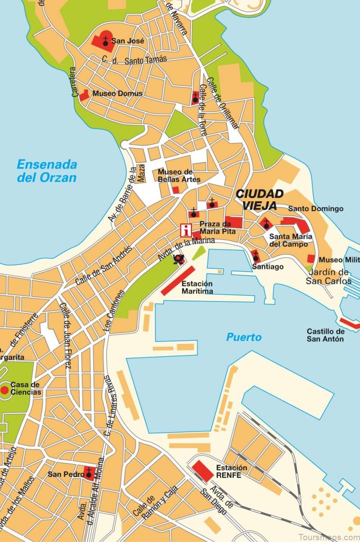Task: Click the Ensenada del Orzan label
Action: (47, 171)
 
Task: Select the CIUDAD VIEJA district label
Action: (260, 200)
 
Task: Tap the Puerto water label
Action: (243, 337)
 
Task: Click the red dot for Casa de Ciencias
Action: (5, 388)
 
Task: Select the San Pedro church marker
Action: (89, 473)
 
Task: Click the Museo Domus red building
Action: (84, 95)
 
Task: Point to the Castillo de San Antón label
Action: (325, 335)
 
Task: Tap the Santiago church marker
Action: (256, 257)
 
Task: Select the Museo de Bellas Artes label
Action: (179, 176)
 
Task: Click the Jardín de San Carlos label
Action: (328, 276)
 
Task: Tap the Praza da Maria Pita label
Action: (215, 227)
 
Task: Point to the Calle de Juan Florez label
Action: (66, 335)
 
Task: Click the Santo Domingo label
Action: (315, 208)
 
